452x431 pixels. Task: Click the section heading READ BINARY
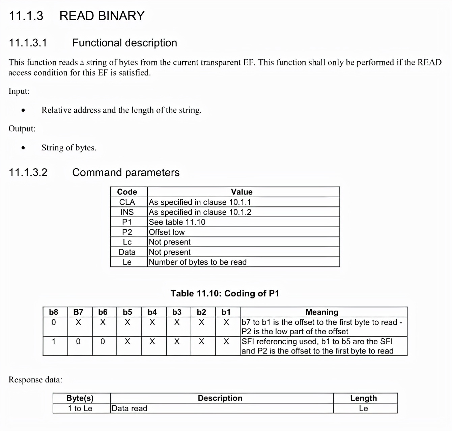point(102,16)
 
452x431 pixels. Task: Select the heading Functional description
point(124,43)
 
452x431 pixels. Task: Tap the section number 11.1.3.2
point(28,172)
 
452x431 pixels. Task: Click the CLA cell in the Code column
point(127,202)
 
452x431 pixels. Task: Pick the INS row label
point(127,212)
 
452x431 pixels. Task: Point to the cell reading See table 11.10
point(177,222)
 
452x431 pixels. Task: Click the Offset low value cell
point(167,232)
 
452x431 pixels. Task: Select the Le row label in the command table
point(127,262)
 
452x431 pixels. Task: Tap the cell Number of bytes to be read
point(198,262)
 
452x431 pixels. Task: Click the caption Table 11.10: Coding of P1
point(225,293)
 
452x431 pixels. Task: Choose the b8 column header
point(54,312)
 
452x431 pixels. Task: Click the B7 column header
point(78,312)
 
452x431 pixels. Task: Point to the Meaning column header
point(322,312)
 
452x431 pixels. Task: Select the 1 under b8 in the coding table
point(54,342)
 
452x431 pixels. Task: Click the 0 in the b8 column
point(54,322)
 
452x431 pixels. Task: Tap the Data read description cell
point(130,408)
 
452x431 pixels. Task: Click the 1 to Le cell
point(80,408)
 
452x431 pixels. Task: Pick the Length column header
point(363,398)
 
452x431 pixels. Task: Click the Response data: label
point(35,380)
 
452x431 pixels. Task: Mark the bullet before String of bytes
point(23,148)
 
